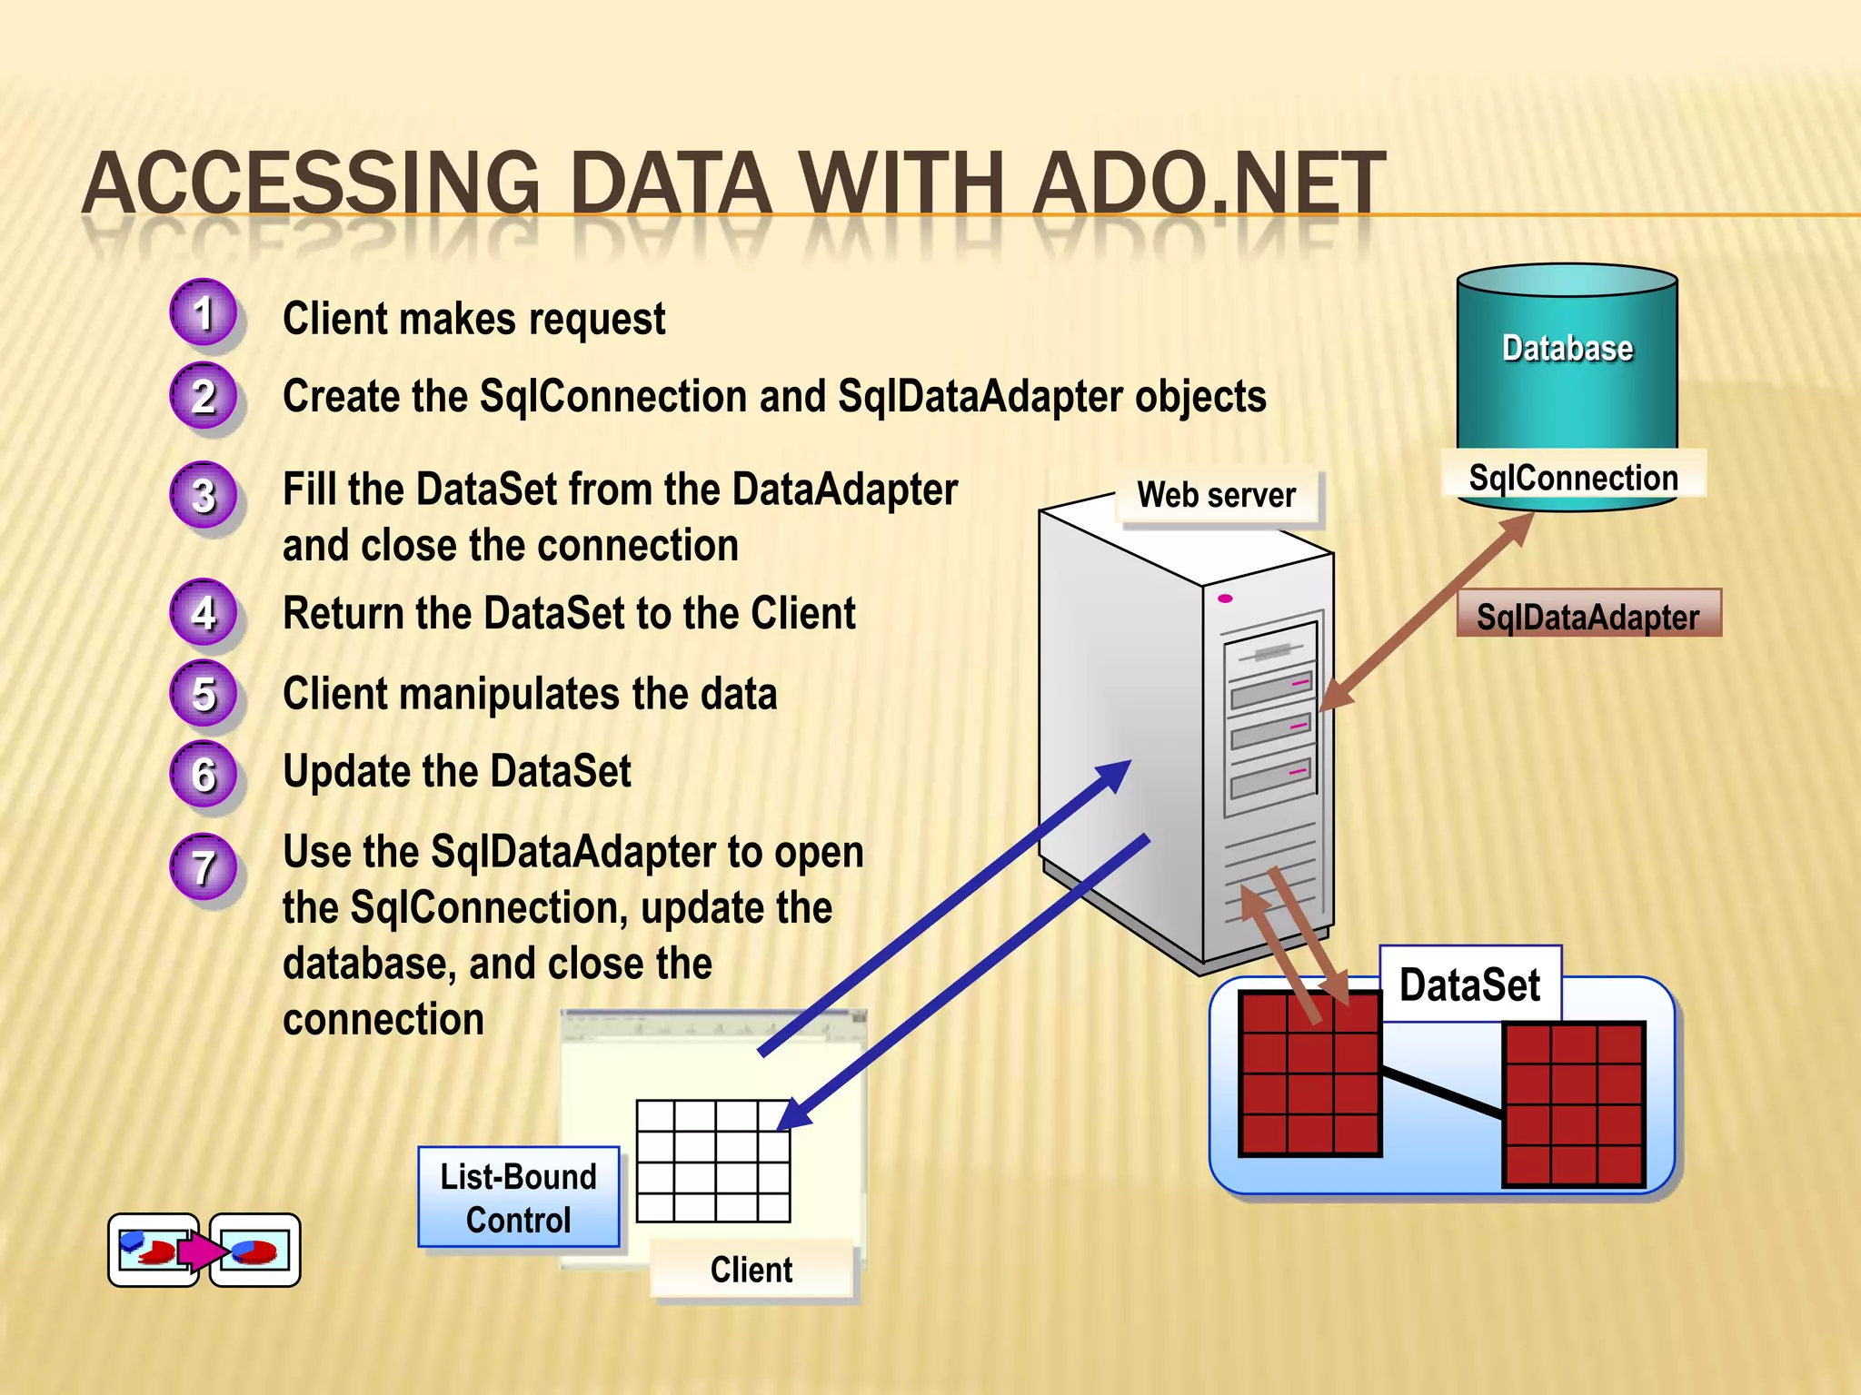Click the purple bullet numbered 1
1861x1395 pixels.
[204, 313]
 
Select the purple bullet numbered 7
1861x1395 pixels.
[204, 866]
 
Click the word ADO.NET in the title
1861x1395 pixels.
[1209, 186]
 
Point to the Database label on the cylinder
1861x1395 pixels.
[1567, 349]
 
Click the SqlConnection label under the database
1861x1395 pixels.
[1573, 478]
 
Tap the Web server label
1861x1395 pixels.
[1216, 496]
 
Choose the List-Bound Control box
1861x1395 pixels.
[518, 1198]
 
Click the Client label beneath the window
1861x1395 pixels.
[751, 1270]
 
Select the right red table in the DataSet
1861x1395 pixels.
[1573, 1104]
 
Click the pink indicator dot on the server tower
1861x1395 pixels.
[1225, 599]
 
